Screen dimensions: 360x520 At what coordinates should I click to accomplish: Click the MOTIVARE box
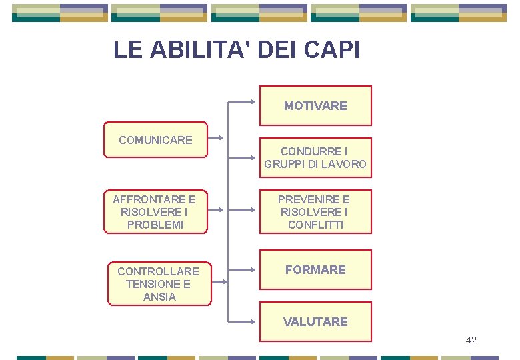(x=315, y=105)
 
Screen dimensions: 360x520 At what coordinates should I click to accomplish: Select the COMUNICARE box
(x=155, y=140)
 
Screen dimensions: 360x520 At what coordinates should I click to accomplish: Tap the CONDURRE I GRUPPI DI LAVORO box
(x=315, y=158)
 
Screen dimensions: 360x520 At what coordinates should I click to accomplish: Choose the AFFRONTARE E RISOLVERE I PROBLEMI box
(x=155, y=212)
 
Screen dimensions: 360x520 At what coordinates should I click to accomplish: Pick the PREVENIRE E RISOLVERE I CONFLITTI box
(x=315, y=212)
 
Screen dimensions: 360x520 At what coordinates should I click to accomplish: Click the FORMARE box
(x=315, y=270)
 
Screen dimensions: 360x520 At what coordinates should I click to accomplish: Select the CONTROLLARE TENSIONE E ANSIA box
(x=159, y=284)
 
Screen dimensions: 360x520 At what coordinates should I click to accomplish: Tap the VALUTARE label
(x=315, y=322)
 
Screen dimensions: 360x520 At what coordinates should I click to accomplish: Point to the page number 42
(x=471, y=341)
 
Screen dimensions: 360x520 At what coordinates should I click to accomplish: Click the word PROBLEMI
(x=155, y=225)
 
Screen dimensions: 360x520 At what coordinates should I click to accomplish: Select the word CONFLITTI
(x=315, y=225)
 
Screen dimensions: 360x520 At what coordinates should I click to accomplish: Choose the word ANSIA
(x=159, y=297)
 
